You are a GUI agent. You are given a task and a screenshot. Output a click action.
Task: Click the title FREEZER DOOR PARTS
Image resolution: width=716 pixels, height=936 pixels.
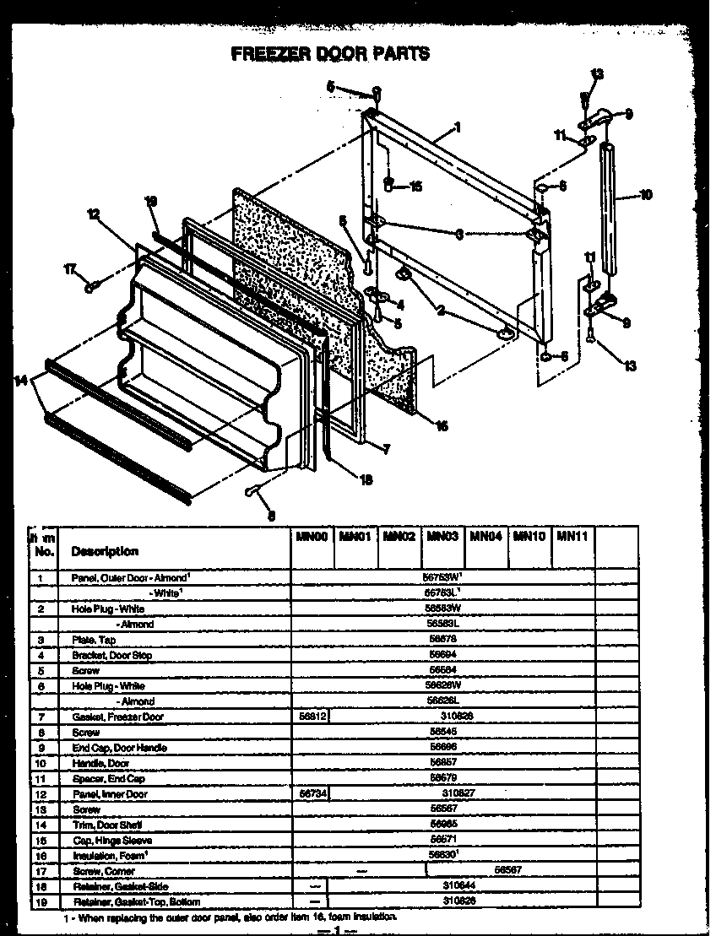click(x=330, y=53)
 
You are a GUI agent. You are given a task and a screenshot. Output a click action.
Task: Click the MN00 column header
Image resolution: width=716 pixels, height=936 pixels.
click(x=311, y=536)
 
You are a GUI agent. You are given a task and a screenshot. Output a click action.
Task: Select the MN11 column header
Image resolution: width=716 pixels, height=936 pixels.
click(x=572, y=536)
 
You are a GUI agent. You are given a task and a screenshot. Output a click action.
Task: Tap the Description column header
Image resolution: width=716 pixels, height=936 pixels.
click(x=105, y=551)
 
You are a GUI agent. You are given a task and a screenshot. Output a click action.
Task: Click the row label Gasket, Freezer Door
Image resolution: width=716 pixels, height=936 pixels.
click(x=117, y=717)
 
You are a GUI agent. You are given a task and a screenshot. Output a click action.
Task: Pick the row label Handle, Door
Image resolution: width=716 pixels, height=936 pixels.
click(x=100, y=763)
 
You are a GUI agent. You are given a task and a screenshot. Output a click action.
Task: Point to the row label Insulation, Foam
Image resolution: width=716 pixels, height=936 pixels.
click(x=110, y=856)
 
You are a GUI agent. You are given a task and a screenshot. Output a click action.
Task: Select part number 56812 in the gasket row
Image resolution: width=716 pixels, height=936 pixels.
click(x=310, y=717)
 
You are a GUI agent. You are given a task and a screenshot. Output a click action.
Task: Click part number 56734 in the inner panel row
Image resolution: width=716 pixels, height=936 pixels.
click(x=310, y=794)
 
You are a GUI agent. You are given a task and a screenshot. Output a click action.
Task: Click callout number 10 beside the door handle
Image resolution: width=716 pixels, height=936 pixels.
click(x=646, y=195)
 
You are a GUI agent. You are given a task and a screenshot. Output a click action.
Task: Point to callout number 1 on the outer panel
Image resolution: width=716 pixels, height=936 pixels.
click(x=457, y=127)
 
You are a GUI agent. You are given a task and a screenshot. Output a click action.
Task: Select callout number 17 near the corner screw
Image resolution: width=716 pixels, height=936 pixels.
click(x=70, y=269)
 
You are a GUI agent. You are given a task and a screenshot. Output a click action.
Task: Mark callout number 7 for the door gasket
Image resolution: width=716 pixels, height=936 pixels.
click(x=387, y=450)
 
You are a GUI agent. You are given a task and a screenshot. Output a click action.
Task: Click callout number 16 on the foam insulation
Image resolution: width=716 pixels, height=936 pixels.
click(x=441, y=425)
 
